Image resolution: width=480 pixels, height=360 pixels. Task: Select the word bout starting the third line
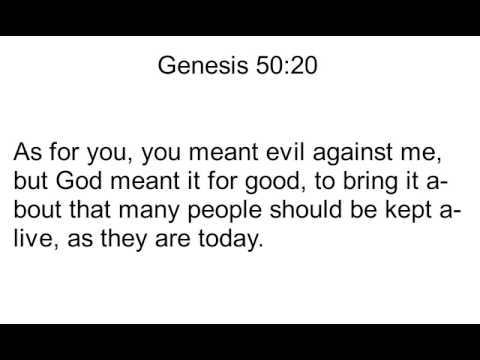(x=39, y=213)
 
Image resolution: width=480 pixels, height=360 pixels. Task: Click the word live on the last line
(x=32, y=241)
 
